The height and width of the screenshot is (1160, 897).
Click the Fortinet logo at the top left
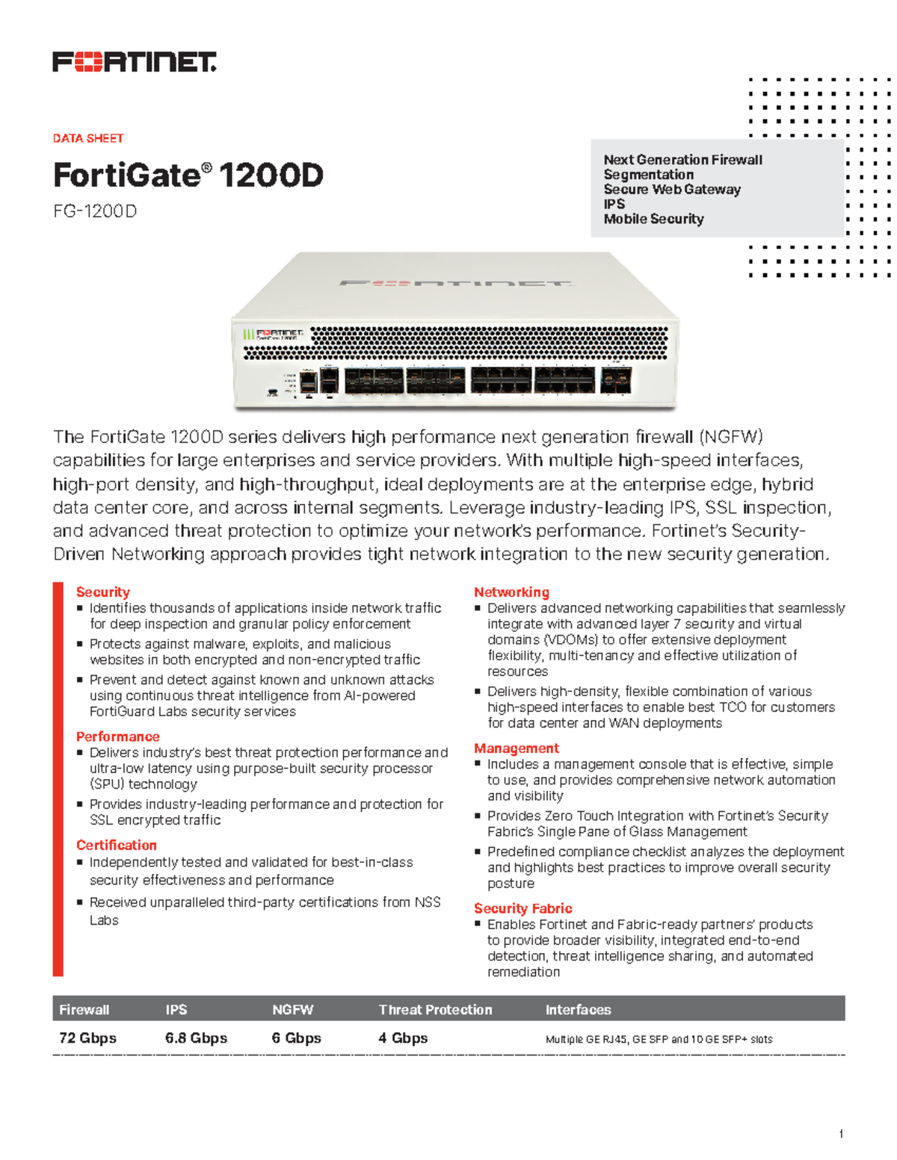[134, 62]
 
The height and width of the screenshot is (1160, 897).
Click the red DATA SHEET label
[87, 138]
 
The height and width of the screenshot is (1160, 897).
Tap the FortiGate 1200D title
[188, 176]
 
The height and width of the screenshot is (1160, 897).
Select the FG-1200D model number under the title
[94, 211]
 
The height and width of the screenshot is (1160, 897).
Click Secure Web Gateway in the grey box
[671, 189]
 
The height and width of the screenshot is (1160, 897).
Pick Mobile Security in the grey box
[653, 219]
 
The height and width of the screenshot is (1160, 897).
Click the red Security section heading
[102, 592]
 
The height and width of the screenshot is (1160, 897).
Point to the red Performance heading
[117, 736]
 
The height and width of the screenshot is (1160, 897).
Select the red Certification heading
[116, 845]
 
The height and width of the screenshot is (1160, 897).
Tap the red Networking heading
[511, 592]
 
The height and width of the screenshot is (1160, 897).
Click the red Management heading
[516, 748]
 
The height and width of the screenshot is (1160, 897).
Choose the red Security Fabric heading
[523, 908]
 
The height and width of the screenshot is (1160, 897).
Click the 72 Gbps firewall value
[87, 1038]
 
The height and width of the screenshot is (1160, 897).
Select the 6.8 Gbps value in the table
[196, 1038]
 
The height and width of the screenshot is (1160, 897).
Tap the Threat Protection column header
[435, 1009]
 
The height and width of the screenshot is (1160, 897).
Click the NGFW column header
[292, 1009]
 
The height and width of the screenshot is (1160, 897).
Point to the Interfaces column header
[578, 1009]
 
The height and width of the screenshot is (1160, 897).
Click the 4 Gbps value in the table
[403, 1038]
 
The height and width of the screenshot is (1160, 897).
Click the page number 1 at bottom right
[841, 1134]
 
